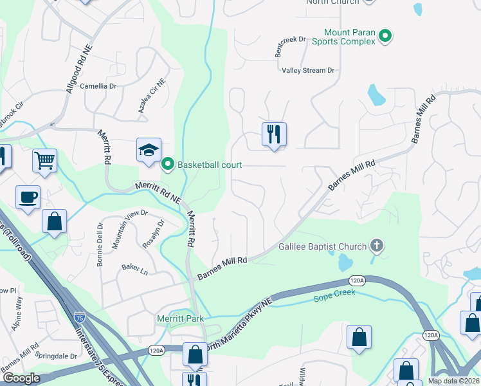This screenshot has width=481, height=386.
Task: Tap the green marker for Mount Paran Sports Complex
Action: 385,36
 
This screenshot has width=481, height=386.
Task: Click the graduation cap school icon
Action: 149,150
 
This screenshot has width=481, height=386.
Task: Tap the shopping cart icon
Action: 44,160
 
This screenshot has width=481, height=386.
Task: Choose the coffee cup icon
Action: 28,197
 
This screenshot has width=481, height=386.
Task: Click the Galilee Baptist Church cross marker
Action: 377,246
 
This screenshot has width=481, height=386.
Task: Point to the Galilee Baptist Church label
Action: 322,246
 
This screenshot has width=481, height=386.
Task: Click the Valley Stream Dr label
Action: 308,70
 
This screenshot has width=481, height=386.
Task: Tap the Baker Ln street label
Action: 135,271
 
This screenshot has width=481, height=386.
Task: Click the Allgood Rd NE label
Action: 80,70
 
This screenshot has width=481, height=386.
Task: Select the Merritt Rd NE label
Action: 158,192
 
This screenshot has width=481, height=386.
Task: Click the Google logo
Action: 21,379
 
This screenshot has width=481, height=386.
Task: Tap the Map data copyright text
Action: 453,381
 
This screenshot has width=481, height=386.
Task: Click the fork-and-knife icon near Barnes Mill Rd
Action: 274,134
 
